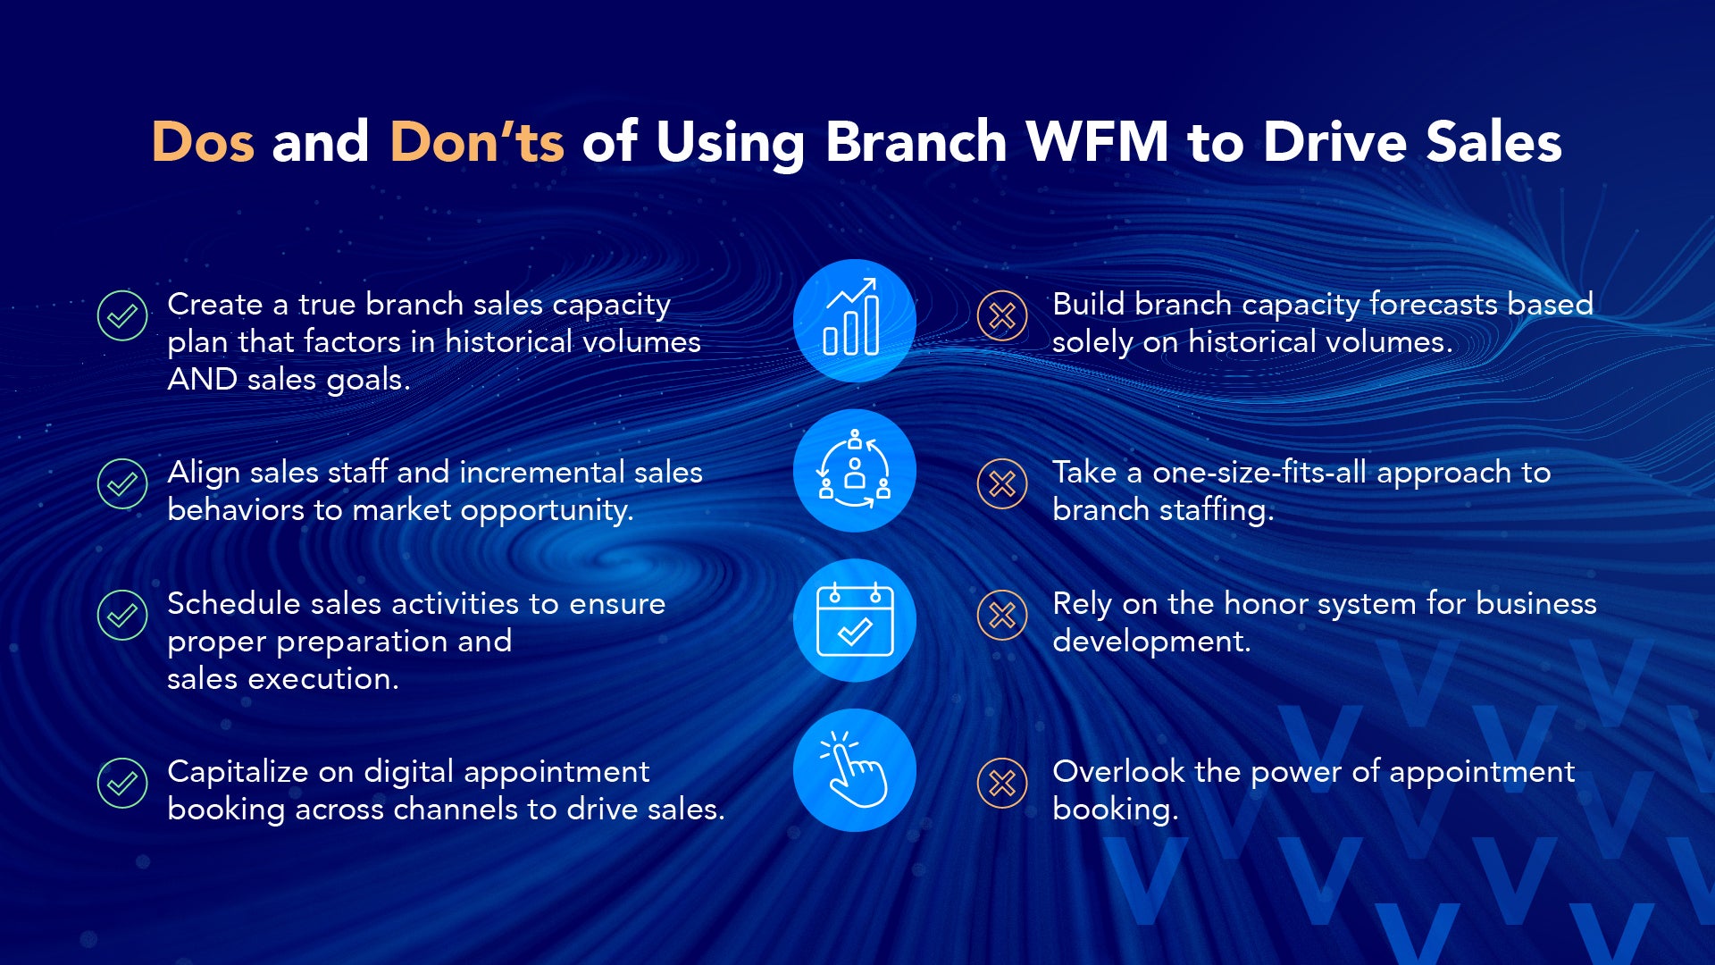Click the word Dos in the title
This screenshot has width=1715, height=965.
pyautogui.click(x=203, y=141)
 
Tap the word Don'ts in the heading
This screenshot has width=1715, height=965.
pyautogui.click(x=477, y=141)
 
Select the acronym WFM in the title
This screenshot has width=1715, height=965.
pyautogui.click(x=1098, y=141)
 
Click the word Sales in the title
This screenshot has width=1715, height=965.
pyautogui.click(x=1493, y=141)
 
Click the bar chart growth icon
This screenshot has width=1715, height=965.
pyautogui.click(x=855, y=321)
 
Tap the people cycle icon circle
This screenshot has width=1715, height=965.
pyautogui.click(x=855, y=471)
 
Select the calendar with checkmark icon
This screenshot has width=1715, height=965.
pyautogui.click(x=855, y=620)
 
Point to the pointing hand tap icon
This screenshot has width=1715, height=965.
pyautogui.click(x=855, y=770)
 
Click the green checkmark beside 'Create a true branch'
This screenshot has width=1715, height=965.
pyautogui.click(x=122, y=315)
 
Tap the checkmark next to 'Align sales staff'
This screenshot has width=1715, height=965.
pyautogui.click(x=122, y=483)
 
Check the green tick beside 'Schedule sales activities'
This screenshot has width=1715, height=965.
pyautogui.click(x=122, y=615)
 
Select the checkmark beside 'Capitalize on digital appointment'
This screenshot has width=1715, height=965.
pyautogui.click(x=122, y=783)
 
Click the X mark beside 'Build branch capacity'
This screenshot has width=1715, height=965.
pyautogui.click(x=1002, y=315)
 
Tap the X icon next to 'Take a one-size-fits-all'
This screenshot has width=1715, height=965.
pyautogui.click(x=1002, y=483)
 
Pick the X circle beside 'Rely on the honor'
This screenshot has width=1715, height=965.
pyautogui.click(x=1002, y=615)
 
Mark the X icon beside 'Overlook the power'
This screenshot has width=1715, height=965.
pyautogui.click(x=1002, y=783)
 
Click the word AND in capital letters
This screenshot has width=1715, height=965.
pyautogui.click(x=202, y=380)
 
